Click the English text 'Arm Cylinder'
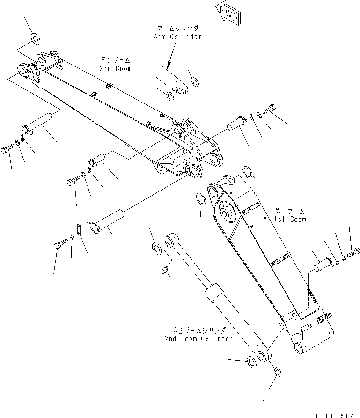[177, 37]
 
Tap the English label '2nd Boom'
[115, 68]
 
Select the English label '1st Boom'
[290, 219]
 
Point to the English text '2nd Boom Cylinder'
[198, 338]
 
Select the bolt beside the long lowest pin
[61, 244]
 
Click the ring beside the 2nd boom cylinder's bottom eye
[252, 361]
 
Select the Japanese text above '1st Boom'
[290, 211]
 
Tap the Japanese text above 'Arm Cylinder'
[178, 28]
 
